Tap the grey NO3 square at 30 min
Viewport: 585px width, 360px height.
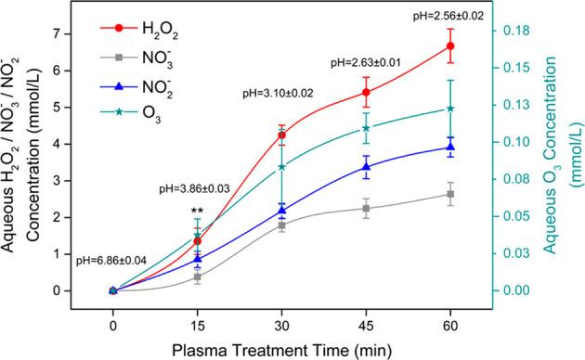point(281,225)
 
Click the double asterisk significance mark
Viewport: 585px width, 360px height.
point(197,212)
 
